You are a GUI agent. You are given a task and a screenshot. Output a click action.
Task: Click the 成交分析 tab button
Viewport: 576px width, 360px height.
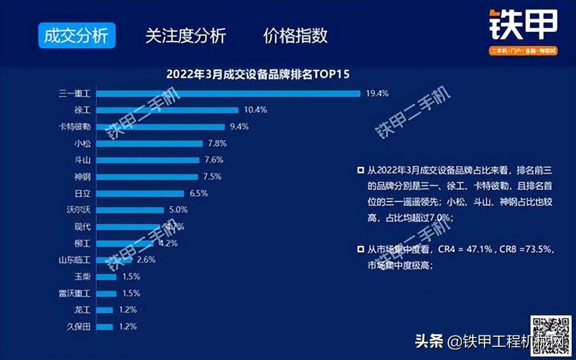[76, 36]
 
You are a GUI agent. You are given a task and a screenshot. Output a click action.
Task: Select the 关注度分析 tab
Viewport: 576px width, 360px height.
[185, 36]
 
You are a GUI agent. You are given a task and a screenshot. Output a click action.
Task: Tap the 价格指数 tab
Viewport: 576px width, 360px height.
[295, 36]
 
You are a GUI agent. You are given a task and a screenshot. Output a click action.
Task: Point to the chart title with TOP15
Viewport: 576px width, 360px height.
[258, 74]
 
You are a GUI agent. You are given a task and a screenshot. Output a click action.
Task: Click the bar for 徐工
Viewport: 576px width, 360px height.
[168, 110]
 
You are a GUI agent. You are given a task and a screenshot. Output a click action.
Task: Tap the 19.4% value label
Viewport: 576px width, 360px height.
[377, 94]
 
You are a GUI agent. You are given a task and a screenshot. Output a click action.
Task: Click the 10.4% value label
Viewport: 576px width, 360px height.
[256, 110]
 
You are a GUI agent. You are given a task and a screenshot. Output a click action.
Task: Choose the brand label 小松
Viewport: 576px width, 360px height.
[83, 143]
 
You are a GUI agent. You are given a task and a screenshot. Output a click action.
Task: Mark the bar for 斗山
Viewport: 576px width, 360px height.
[149, 160]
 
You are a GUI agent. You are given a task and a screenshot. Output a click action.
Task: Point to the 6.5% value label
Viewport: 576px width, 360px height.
[198, 193]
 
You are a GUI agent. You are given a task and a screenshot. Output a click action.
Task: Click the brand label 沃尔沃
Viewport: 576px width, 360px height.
[79, 210]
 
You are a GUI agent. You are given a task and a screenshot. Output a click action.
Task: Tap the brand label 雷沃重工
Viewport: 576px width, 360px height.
[75, 294]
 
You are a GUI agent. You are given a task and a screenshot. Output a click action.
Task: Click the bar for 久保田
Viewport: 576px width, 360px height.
[105, 327]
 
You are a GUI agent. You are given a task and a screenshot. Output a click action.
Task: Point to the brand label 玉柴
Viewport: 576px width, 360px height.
[83, 277]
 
